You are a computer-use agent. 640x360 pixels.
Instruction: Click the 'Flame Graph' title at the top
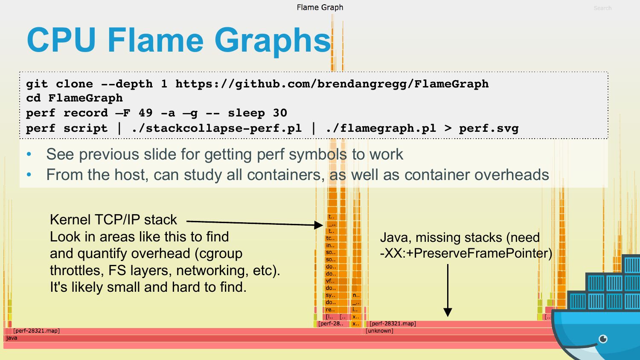320,7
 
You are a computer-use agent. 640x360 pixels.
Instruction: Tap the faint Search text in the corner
602,8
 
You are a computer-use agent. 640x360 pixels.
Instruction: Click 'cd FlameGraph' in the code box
74,98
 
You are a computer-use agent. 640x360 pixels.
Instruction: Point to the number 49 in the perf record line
145,113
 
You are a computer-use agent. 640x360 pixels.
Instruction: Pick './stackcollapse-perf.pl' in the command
216,128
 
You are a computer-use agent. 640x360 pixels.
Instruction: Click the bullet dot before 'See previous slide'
29,154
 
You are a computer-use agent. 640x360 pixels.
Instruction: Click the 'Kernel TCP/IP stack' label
113,220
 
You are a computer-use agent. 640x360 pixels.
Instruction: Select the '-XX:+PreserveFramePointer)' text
466,253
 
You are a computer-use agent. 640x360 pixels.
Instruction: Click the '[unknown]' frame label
379,331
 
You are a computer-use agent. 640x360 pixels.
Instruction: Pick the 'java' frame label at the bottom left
12,338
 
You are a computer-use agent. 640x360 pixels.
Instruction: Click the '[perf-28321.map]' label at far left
36,331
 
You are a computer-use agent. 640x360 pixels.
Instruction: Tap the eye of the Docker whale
603,339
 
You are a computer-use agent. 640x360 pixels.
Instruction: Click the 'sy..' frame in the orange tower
331,295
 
